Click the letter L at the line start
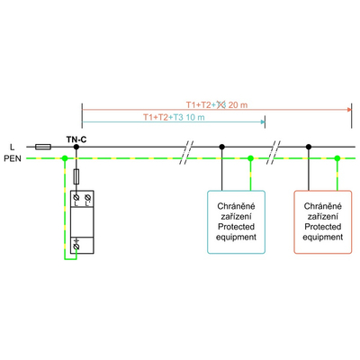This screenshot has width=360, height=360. (x=12, y=146)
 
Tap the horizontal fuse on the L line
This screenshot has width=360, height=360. (x=41, y=146)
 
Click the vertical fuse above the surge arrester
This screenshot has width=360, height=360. (x=76, y=175)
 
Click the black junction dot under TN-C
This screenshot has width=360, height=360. (x=76, y=146)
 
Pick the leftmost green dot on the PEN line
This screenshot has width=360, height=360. (x=64, y=158)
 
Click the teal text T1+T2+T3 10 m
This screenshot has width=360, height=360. (x=175, y=117)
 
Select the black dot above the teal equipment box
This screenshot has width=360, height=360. (x=222, y=146)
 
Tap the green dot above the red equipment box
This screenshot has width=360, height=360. (x=337, y=158)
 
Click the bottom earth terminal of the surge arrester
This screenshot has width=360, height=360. (x=78, y=243)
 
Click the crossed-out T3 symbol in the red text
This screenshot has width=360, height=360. (x=221, y=104)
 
